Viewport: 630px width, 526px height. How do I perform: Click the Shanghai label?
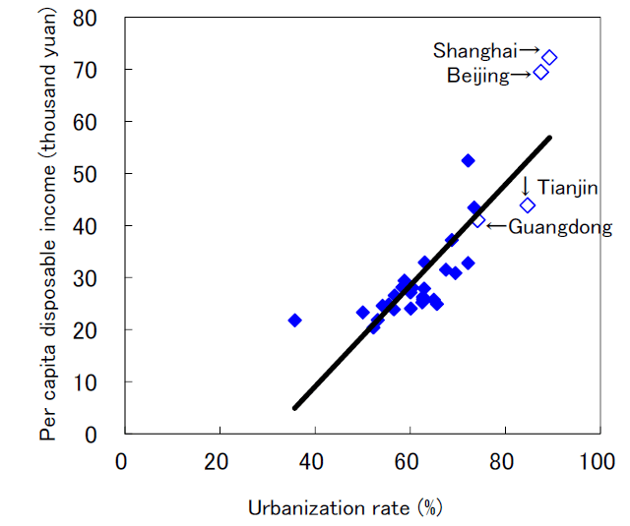pyautogui.click(x=475, y=49)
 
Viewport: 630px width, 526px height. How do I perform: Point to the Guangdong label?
pyautogui.click(x=559, y=227)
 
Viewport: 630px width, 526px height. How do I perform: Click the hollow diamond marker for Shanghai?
pyautogui.click(x=549, y=58)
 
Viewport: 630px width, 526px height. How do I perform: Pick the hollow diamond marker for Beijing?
pyautogui.click(x=540, y=72)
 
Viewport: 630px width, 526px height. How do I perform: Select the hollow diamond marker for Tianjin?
pyautogui.click(x=528, y=205)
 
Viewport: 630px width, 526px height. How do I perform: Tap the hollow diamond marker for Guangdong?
pyautogui.click(x=478, y=221)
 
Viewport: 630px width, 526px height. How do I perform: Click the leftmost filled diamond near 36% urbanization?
pyautogui.click(x=294, y=320)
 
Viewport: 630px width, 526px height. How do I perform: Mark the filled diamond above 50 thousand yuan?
pyautogui.click(x=468, y=160)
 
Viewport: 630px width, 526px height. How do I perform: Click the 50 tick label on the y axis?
pyautogui.click(x=96, y=174)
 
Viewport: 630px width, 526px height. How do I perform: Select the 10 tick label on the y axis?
pyautogui.click(x=96, y=381)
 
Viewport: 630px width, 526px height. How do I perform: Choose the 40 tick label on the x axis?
pyautogui.click(x=312, y=460)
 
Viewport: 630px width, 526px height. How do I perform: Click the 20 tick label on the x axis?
pyautogui.click(x=217, y=460)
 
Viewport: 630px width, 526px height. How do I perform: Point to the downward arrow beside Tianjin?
pyautogui.click(x=526, y=185)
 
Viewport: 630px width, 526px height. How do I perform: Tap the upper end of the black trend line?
pyautogui.click(x=550, y=138)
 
